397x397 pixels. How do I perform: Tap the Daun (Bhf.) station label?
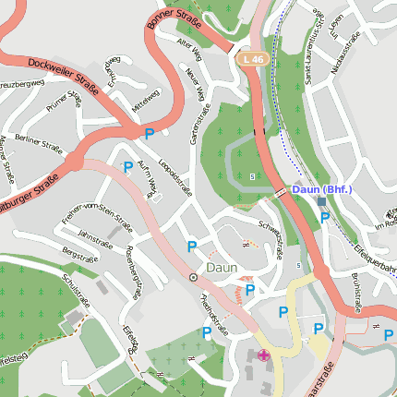[320, 189]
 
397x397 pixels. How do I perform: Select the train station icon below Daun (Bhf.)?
[320, 201]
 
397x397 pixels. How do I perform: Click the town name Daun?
[223, 267]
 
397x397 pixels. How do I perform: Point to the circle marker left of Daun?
[193, 277]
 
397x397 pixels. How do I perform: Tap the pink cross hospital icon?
[264, 355]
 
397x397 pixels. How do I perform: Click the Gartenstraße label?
[195, 125]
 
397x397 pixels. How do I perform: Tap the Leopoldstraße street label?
[173, 176]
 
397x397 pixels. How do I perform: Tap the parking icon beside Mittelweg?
[149, 134]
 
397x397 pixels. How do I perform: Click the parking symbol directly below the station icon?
[324, 217]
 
